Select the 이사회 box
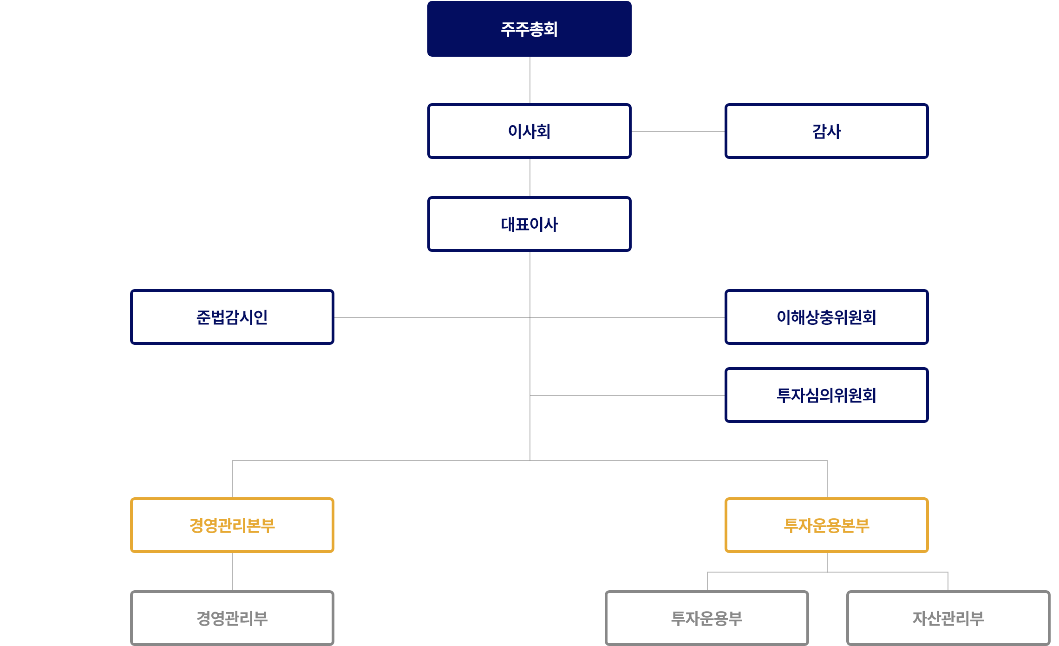tap(529, 131)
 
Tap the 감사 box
tap(826, 131)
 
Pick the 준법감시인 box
tap(232, 317)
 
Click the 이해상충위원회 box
tap(826, 317)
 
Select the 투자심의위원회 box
tap(826, 395)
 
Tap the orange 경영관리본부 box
tap(232, 525)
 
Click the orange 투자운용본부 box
tap(826, 525)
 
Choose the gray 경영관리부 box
tap(232, 618)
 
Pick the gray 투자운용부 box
tap(706, 618)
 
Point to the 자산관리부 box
tap(948, 618)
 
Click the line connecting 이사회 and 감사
tap(678, 132)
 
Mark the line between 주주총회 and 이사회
tap(530, 80)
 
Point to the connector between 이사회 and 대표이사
tap(530, 178)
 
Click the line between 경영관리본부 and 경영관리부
tap(233, 572)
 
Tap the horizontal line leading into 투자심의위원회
tap(627, 396)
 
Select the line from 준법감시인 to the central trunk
tap(432, 317)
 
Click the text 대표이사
tap(529, 224)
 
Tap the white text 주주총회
tap(529, 29)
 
